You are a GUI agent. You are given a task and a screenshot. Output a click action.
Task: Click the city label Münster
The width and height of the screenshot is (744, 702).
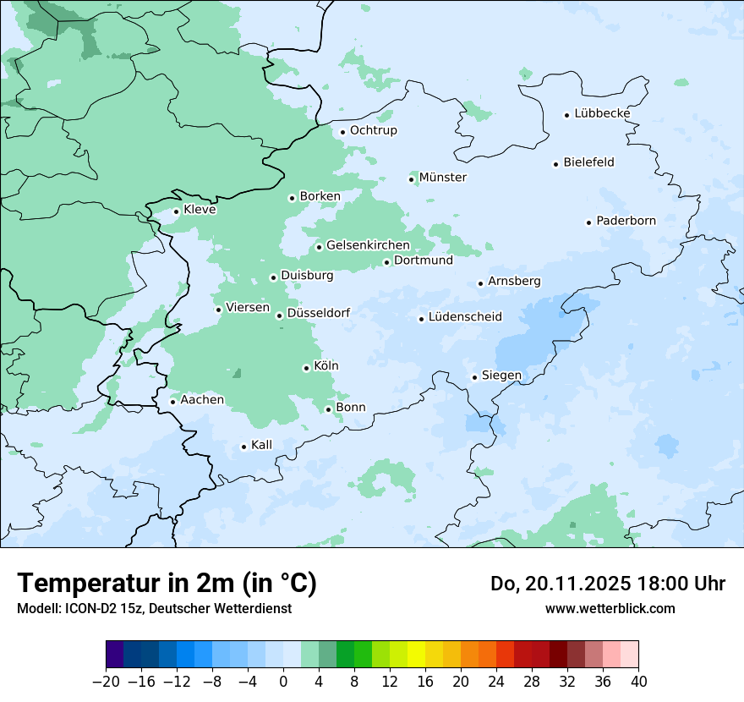pyautogui.click(x=442, y=178)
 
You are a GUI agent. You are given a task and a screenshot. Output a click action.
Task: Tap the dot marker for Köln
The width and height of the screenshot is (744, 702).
pyautogui.click(x=306, y=368)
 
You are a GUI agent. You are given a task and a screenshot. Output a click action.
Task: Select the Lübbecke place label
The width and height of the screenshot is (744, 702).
pyautogui.click(x=602, y=113)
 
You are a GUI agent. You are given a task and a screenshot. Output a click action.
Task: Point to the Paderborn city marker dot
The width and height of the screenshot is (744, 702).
pyautogui.click(x=588, y=222)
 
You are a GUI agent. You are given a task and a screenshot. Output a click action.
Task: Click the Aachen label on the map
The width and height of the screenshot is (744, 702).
pyautogui.click(x=202, y=400)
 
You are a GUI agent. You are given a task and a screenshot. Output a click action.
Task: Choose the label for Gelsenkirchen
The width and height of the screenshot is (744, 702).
pyautogui.click(x=368, y=245)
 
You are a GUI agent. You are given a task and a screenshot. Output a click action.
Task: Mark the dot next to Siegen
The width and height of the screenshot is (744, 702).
pyautogui.click(x=474, y=377)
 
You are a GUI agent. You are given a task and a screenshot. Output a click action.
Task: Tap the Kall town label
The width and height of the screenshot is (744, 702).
pyautogui.click(x=261, y=445)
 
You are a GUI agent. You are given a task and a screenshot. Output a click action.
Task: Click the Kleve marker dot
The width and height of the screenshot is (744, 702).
pyautogui.click(x=176, y=211)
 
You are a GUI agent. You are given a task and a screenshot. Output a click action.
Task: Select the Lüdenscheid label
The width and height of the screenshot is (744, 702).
pyautogui.click(x=465, y=317)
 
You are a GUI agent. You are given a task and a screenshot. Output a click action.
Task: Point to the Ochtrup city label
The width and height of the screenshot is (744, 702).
pyautogui.click(x=373, y=130)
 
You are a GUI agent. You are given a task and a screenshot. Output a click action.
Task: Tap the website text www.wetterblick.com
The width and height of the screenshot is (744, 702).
pyautogui.click(x=610, y=608)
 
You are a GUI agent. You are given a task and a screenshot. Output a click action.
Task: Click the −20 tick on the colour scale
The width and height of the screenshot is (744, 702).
pyautogui.click(x=106, y=682)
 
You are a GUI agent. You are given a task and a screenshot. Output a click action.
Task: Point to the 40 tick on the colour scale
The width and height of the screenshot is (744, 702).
pyautogui.click(x=638, y=682)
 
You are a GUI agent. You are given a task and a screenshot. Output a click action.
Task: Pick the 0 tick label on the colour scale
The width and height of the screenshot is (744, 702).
pyautogui.click(x=283, y=682)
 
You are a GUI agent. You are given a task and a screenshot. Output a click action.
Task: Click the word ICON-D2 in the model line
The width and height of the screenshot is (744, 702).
pyautogui.click(x=84, y=608)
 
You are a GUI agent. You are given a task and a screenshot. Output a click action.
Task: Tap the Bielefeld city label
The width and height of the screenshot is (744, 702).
pyautogui.click(x=588, y=162)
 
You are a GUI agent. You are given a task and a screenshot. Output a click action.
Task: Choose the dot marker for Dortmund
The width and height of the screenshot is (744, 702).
pyautogui.click(x=386, y=262)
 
